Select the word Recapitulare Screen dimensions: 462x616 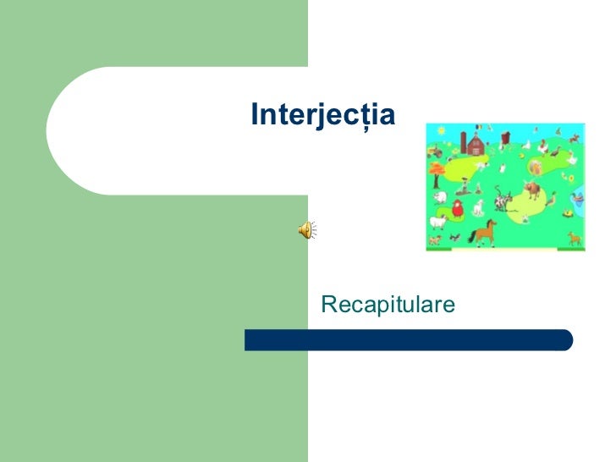pyautogui.click(x=388, y=304)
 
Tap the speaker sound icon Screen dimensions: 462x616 pyautogui.click(x=306, y=229)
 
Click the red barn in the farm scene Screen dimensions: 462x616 pyautogui.click(x=476, y=146)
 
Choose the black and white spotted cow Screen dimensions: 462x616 pyautogui.click(x=504, y=204)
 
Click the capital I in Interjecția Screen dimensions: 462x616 pyautogui.click(x=254, y=114)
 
